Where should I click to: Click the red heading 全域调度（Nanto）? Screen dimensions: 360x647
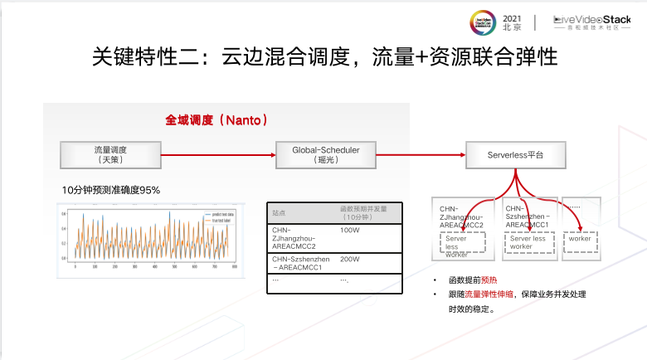[216, 120]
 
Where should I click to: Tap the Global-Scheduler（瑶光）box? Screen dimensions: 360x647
[325, 154]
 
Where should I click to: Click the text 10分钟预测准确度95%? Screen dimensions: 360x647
[110, 190]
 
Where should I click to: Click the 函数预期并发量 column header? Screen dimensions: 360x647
[364, 212]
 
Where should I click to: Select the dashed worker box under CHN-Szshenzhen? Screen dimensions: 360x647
[528, 242]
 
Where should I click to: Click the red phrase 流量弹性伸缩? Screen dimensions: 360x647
[486, 294]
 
